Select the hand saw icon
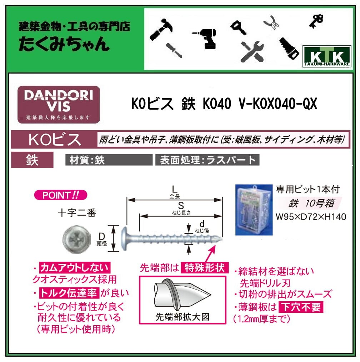(289, 48)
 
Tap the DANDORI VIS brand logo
(59, 104)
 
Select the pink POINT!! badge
(60, 195)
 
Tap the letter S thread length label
(181, 205)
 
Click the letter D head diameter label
(101, 236)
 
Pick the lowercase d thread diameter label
(202, 224)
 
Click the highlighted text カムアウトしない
(75, 267)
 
